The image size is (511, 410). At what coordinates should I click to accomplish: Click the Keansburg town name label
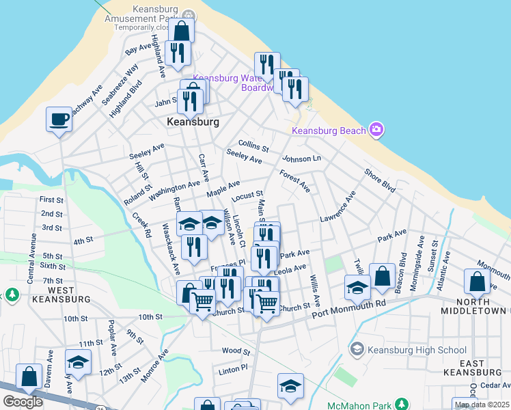pyautogui.click(x=193, y=122)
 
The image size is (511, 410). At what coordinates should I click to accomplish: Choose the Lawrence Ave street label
pyautogui.click(x=338, y=206)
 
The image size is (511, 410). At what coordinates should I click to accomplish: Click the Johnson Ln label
pyautogui.click(x=301, y=159)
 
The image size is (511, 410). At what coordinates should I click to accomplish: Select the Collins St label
pyautogui.click(x=253, y=146)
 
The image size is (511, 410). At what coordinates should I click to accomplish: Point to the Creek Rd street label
pyautogui.click(x=142, y=223)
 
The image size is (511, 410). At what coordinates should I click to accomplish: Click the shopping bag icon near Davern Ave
pyautogui.click(x=29, y=377)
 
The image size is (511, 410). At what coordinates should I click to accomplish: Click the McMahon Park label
pyautogui.click(x=363, y=405)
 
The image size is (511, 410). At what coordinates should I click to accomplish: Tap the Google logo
pyautogui.click(x=23, y=402)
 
